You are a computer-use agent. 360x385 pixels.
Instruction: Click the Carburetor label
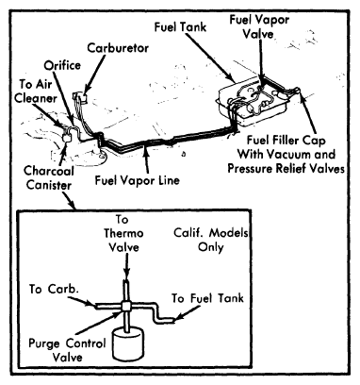tap(118, 48)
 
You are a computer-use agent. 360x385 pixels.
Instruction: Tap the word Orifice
tap(62, 65)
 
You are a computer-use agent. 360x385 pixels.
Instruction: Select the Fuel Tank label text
tap(180, 26)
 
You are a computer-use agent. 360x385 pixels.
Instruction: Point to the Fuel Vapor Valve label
tap(259, 26)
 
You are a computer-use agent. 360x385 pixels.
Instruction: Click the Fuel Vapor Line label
tap(138, 180)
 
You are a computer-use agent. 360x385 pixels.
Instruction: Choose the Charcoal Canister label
tap(49, 178)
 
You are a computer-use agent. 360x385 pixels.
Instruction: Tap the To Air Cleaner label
tap(36, 92)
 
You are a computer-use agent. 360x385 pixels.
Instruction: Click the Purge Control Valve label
tap(67, 350)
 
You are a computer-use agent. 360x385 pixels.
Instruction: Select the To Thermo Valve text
tap(123, 233)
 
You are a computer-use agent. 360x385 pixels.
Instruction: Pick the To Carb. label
tap(54, 289)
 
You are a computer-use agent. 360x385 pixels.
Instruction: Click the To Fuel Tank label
tap(207, 298)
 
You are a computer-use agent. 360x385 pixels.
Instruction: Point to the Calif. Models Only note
tap(211, 240)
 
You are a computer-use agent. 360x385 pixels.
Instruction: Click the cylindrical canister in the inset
tap(128, 344)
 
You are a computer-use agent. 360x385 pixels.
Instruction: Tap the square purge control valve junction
tap(126, 306)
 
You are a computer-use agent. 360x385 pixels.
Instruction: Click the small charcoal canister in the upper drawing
tap(67, 136)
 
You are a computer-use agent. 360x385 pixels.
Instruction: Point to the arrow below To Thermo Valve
tap(126, 268)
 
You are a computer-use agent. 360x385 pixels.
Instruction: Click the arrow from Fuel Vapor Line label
tap(147, 159)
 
